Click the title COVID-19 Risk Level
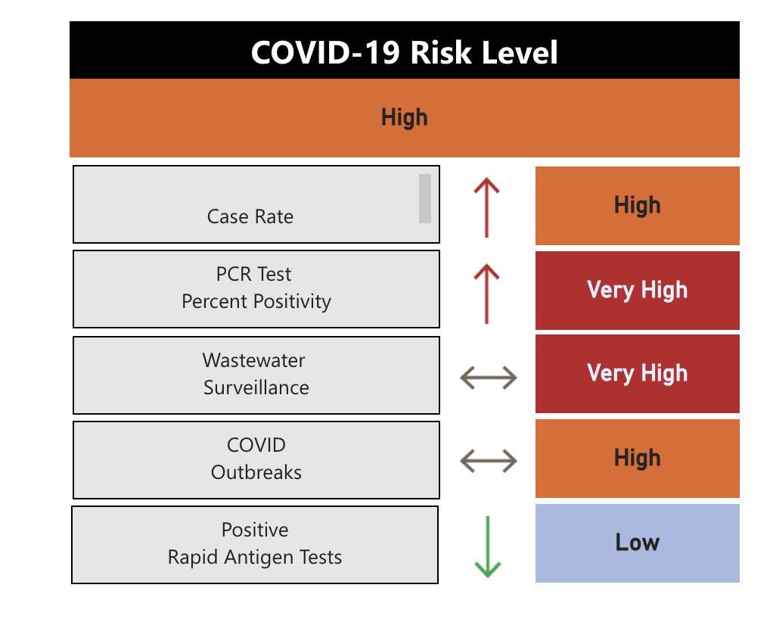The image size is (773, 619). pos(404,53)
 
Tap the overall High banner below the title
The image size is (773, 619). pos(404,118)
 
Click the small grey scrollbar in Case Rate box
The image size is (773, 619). pos(425,199)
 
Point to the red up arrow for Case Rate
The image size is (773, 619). pos(487,207)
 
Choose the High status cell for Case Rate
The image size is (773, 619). pos(637,206)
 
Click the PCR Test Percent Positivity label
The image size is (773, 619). pos(256,288)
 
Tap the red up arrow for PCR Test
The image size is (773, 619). pos(487,293)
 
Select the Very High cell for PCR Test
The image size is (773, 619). pos(637,291)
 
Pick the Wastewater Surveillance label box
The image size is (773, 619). pos(256,375)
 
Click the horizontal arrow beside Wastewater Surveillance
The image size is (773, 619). pos(489,376)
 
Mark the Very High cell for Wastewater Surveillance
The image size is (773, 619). pos(637,374)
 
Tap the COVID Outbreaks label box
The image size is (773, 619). pos(256,459)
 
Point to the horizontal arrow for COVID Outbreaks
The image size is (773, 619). pos(489,460)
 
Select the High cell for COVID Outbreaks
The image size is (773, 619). pos(637,459)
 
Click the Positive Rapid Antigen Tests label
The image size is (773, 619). pos(255,544)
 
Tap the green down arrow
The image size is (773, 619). pos(488,547)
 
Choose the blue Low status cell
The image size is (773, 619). pos(637,543)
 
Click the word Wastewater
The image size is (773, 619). pos(254,360)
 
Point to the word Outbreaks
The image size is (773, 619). pos(256,472)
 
